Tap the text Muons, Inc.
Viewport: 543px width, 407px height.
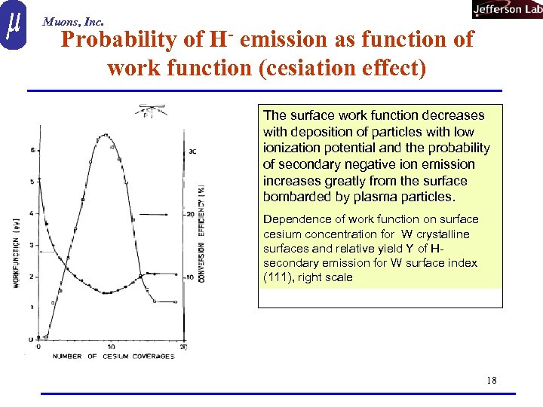pos(72,22)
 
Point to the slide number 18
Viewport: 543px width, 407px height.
pos(492,380)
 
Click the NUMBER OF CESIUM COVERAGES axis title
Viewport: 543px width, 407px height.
pos(112,356)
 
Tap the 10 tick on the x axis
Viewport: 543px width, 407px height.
pos(111,347)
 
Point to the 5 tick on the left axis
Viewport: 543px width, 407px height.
pos(30,181)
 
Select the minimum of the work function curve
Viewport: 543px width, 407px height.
pos(107,292)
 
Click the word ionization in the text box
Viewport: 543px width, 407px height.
pos(290,148)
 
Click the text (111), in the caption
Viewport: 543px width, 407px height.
pos(278,277)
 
